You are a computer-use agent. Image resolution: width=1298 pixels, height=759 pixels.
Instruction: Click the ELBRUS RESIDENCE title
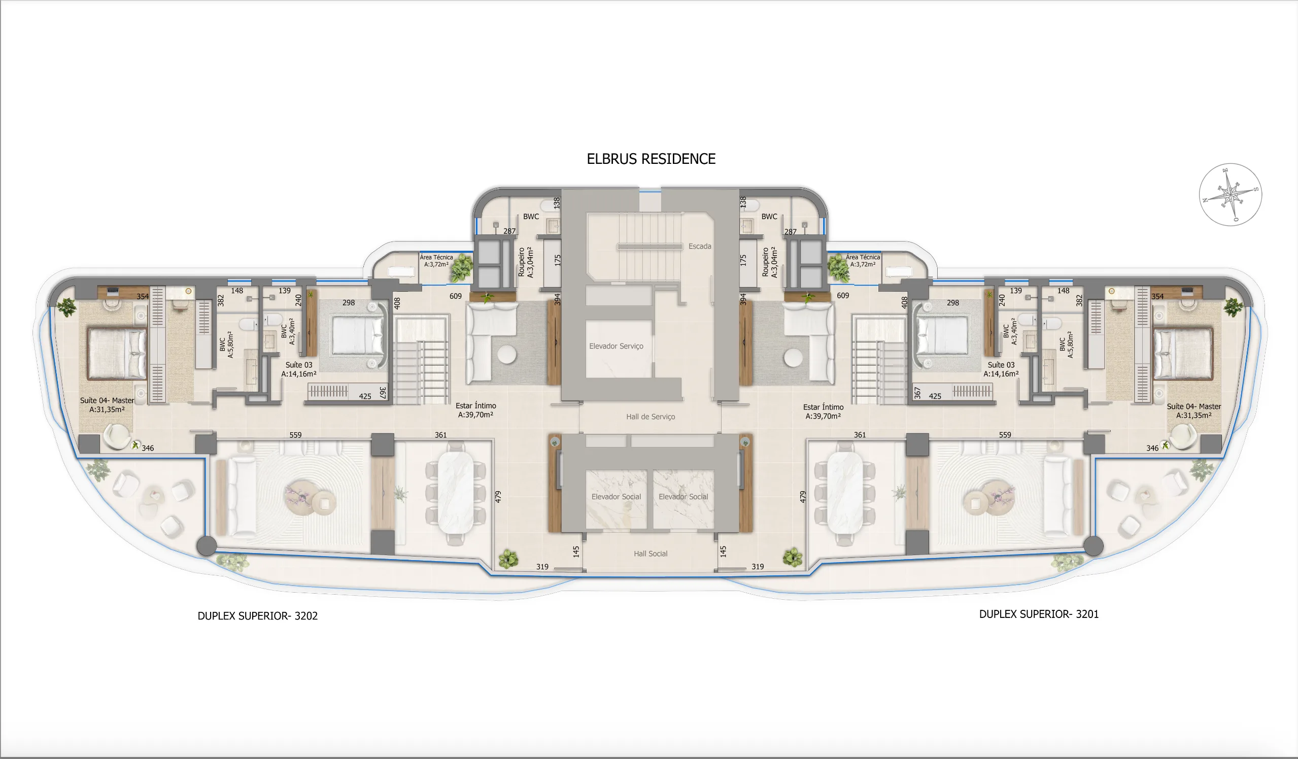[x=651, y=159]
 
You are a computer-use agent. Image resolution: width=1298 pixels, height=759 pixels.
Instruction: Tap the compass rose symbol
[x=1230, y=195]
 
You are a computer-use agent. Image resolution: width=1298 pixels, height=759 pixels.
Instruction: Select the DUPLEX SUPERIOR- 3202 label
[x=258, y=616]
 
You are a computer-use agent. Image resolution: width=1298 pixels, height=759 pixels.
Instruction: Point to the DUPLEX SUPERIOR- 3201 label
[x=1038, y=614]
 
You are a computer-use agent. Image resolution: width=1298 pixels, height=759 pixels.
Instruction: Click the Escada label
[x=699, y=246]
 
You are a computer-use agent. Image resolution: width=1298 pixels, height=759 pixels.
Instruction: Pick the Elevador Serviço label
[x=616, y=346]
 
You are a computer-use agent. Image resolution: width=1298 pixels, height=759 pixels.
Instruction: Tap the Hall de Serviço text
[x=650, y=417]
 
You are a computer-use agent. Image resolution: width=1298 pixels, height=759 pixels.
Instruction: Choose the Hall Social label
[x=650, y=554]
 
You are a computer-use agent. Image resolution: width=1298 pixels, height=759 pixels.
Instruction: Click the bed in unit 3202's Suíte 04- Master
[x=116, y=354]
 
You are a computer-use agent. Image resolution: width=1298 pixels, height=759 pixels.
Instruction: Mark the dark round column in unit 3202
[x=207, y=546]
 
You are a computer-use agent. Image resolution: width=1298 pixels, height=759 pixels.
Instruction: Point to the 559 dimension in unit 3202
[x=295, y=435]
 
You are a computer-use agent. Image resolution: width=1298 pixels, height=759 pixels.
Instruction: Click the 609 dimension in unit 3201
[x=843, y=296]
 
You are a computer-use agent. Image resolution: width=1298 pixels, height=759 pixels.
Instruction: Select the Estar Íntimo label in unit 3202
[x=475, y=410]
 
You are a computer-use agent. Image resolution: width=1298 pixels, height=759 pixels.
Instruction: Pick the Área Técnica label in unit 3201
[x=863, y=261]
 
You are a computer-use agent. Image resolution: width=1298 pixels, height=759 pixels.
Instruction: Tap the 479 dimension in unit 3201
[x=802, y=497]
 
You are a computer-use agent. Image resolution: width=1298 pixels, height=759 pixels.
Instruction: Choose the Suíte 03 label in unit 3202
[x=299, y=369]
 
